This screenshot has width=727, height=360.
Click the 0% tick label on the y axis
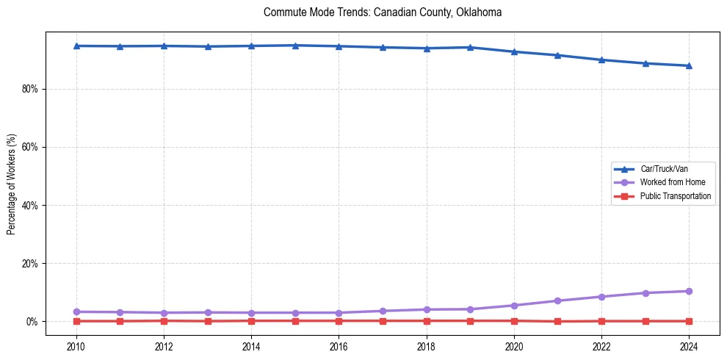pyautogui.click(x=32, y=322)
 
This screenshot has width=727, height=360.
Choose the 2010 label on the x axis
pyautogui.click(x=76, y=346)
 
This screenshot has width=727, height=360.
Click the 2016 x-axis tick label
pyautogui.click(x=339, y=346)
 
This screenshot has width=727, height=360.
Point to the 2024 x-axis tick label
pyautogui.click(x=689, y=346)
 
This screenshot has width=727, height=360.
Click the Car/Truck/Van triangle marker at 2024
pyautogui.click(x=689, y=65)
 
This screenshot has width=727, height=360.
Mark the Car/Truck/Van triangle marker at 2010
pyautogui.click(x=76, y=46)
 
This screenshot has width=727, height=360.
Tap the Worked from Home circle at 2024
pyautogui.click(x=689, y=291)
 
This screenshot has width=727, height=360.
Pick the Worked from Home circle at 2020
pyautogui.click(x=514, y=306)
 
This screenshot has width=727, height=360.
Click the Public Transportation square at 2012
pyautogui.click(x=164, y=320)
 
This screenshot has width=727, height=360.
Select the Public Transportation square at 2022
pyautogui.click(x=601, y=321)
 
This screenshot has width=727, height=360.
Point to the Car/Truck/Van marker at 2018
pyautogui.click(x=427, y=48)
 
